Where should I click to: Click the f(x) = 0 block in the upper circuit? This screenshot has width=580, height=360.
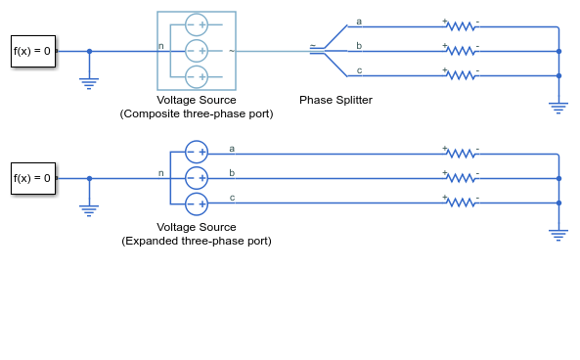tap(33, 51)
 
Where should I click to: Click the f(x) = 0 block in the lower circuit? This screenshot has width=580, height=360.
tap(33, 178)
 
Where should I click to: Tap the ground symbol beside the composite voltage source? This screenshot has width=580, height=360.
tap(89, 83)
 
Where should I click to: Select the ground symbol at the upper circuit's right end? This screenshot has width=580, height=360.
tap(558, 108)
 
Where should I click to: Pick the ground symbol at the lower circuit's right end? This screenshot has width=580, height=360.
tap(558, 236)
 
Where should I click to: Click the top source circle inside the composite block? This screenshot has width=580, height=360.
tap(197, 24)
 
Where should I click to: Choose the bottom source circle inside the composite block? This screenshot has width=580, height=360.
tap(197, 77)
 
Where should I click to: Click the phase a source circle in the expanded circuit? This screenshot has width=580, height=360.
tap(197, 152)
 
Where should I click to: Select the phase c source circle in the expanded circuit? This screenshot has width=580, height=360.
tap(197, 203)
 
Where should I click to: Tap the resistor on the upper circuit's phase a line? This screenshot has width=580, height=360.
tap(461, 26)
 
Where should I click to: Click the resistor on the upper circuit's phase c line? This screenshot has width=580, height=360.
tap(461, 75)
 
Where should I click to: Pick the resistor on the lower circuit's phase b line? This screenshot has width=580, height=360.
tap(461, 178)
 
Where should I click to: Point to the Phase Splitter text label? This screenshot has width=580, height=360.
tap(335, 100)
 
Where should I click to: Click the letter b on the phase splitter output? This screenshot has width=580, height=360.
tap(359, 46)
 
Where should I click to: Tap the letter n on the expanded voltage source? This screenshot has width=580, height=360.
tap(161, 173)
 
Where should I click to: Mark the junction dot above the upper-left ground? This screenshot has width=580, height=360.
tap(89, 52)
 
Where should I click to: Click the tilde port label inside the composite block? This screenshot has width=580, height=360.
tap(232, 51)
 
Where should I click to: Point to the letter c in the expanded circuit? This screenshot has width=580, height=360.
tap(232, 198)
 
